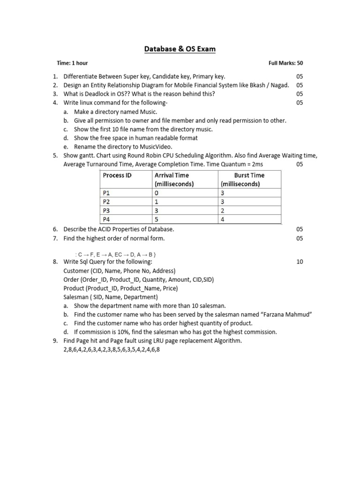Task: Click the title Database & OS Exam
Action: (180, 48)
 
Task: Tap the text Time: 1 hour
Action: (72, 63)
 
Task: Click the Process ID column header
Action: (117, 175)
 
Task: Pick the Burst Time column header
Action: (249, 175)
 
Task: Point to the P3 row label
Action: (108, 210)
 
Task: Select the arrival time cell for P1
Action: (157, 193)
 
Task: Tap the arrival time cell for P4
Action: (157, 219)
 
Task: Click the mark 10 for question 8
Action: (300, 262)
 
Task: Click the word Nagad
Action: (279, 85)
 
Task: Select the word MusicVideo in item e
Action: (149, 147)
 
